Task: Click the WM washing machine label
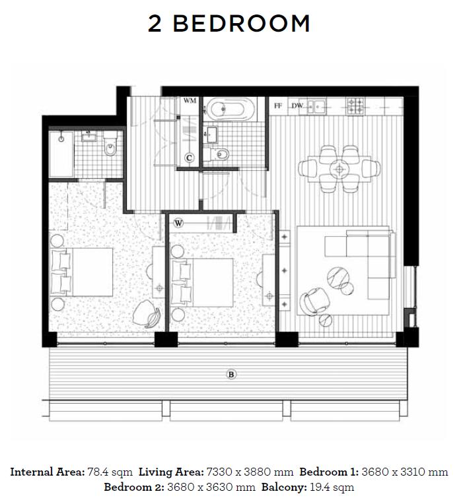click(x=190, y=101)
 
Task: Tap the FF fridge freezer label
click(x=277, y=106)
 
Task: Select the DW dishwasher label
click(x=297, y=106)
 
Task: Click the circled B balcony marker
click(x=231, y=375)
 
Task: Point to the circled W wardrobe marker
click(x=178, y=223)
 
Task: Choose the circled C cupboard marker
click(x=190, y=158)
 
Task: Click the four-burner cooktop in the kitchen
click(x=355, y=106)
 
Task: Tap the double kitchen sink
click(x=316, y=106)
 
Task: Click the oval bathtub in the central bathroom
click(x=230, y=109)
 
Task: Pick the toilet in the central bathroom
click(x=219, y=155)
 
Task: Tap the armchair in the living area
click(x=314, y=300)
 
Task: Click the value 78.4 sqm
click(x=110, y=472)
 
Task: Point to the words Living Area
click(x=171, y=472)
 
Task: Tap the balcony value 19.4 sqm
click(x=332, y=488)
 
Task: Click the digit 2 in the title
click(x=155, y=24)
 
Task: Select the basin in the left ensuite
click(x=88, y=137)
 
